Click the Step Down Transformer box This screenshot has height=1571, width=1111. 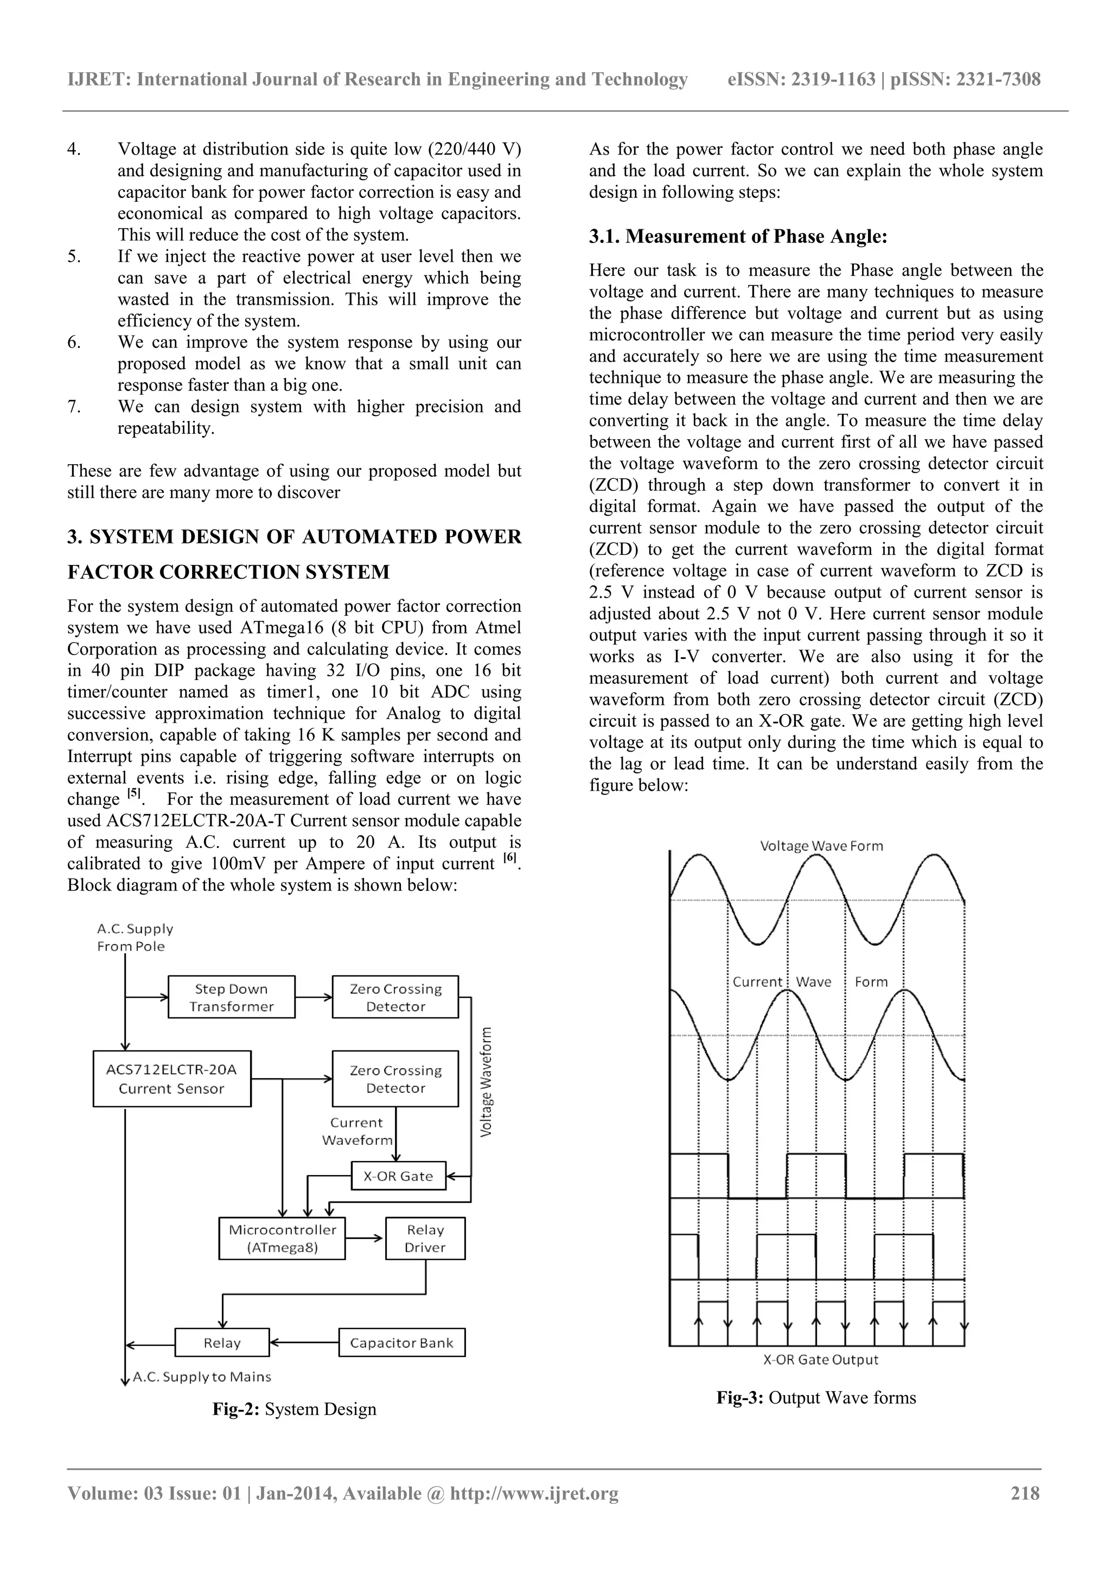[232, 997]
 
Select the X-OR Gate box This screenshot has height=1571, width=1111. [398, 1176]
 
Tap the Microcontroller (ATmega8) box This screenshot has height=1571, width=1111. [282, 1238]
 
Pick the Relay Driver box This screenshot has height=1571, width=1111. [425, 1238]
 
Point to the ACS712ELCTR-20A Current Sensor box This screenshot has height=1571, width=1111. [172, 1079]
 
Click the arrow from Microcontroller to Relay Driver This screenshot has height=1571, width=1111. [365, 1238]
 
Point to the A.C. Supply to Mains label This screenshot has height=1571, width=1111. [201, 1377]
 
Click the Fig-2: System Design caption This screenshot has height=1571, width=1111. [295, 1409]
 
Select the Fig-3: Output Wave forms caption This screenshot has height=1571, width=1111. [816, 1397]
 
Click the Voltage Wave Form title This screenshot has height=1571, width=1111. [821, 846]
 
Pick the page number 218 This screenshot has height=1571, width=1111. [1025, 1493]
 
